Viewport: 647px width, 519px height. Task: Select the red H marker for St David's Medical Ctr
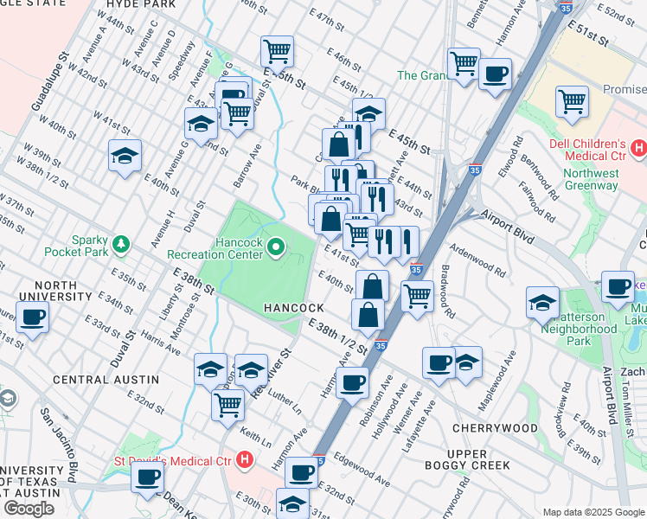(x=246, y=458)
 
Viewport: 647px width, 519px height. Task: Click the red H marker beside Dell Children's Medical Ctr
(x=638, y=149)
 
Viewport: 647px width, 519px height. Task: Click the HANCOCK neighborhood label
(x=294, y=309)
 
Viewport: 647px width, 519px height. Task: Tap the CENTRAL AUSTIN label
(x=106, y=380)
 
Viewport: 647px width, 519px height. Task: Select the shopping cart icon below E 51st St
(x=573, y=101)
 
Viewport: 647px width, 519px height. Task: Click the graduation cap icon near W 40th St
(x=125, y=156)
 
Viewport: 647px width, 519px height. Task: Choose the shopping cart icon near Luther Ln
(x=228, y=403)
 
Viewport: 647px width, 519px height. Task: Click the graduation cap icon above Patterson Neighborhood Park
(x=542, y=300)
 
